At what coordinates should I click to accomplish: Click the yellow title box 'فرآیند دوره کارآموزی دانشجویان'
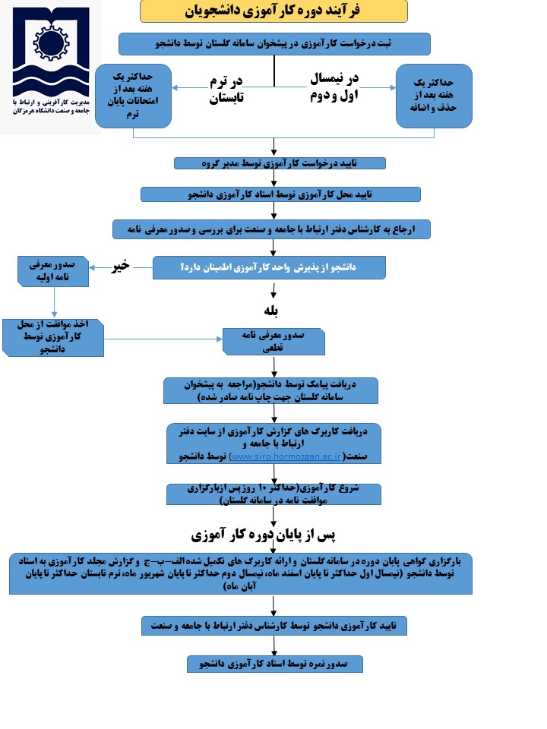[x=273, y=11]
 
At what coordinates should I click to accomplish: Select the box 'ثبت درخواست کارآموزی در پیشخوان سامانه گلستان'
[x=274, y=44]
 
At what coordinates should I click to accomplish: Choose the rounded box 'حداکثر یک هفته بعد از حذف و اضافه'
[x=435, y=95]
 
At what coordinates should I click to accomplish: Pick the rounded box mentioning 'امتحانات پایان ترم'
[x=133, y=95]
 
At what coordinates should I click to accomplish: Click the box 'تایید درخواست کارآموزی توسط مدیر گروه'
[x=280, y=163]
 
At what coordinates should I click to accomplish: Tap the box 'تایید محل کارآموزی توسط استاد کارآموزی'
[x=280, y=194]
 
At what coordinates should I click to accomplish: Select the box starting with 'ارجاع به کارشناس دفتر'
[x=271, y=229]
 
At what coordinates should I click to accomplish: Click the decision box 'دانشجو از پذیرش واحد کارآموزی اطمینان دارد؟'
[x=270, y=267]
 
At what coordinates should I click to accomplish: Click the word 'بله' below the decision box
[x=271, y=311]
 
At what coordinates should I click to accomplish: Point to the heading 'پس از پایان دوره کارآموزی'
[x=271, y=534]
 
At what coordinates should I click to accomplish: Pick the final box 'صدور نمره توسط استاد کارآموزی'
[x=275, y=664]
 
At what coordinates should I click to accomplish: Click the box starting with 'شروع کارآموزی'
[x=274, y=494]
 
